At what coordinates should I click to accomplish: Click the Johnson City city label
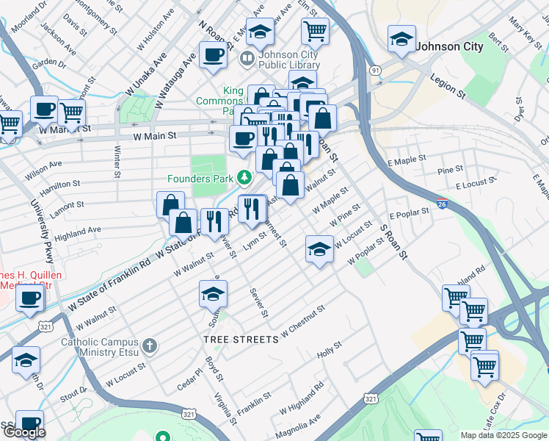click(x=449, y=46)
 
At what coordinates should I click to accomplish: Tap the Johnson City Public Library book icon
click(x=248, y=57)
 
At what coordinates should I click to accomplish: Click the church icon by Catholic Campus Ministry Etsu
click(x=149, y=345)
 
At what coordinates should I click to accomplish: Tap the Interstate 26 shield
click(x=441, y=204)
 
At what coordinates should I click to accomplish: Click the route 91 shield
click(x=375, y=70)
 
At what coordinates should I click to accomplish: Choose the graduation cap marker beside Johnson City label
click(x=401, y=40)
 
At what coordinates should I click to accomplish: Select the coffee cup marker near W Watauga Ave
click(x=213, y=55)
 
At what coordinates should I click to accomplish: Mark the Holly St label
click(x=328, y=351)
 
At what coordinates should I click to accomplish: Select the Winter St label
click(x=117, y=162)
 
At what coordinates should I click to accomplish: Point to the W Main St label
click(x=155, y=136)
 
